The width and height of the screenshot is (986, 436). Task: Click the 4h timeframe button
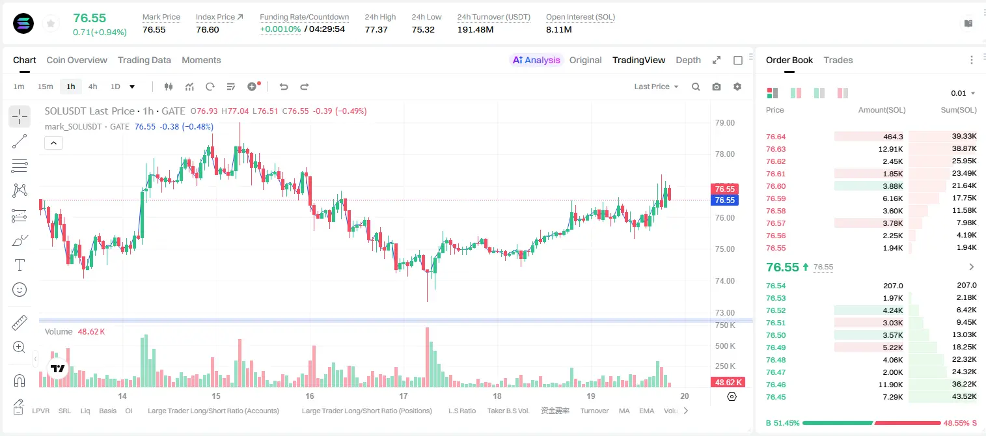click(92, 87)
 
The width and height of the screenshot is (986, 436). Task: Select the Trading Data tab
click(144, 60)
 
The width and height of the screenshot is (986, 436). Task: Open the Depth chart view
click(688, 60)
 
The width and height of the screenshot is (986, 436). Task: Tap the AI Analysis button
click(536, 60)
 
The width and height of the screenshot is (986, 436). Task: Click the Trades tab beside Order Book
click(838, 60)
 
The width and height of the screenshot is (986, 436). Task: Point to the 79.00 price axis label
click(724, 123)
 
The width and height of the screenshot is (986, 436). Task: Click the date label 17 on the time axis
click(404, 396)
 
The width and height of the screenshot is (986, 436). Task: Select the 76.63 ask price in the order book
click(776, 149)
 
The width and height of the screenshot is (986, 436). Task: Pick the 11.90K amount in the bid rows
click(890, 385)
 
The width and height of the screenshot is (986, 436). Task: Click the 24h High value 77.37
click(376, 29)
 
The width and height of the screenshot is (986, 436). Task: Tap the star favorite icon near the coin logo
click(51, 23)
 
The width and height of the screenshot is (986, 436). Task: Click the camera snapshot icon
click(717, 87)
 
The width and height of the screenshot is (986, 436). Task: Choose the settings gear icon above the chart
click(737, 87)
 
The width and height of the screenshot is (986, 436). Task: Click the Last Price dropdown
click(656, 87)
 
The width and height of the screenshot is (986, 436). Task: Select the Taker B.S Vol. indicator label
click(508, 411)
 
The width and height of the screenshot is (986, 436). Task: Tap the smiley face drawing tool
click(20, 290)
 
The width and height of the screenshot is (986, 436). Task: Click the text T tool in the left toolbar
click(20, 265)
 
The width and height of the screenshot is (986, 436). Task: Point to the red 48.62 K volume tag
click(728, 383)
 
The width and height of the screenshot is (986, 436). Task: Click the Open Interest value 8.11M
click(558, 29)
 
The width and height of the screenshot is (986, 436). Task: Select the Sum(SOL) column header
click(959, 110)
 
